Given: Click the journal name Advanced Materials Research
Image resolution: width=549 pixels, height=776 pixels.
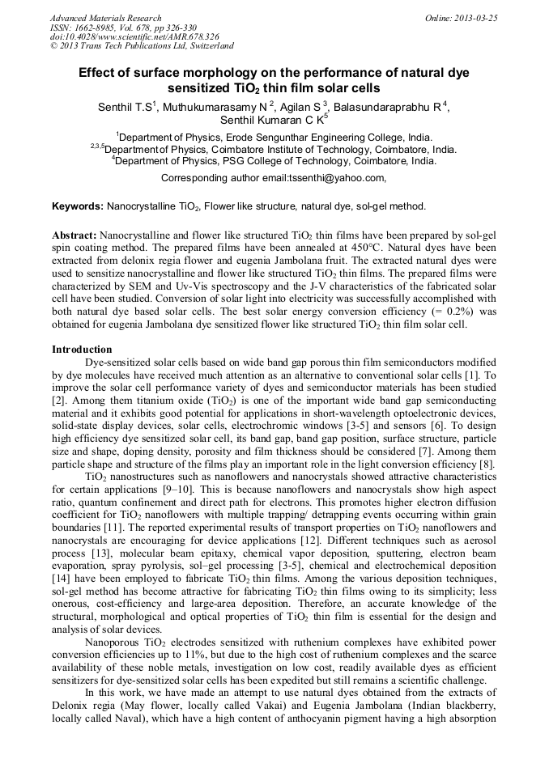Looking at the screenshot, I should click(x=105, y=18).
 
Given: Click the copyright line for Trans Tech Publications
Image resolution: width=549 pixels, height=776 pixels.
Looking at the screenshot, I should click(x=142, y=47).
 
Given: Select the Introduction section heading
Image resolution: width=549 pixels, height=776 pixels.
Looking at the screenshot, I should click(x=82, y=350).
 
